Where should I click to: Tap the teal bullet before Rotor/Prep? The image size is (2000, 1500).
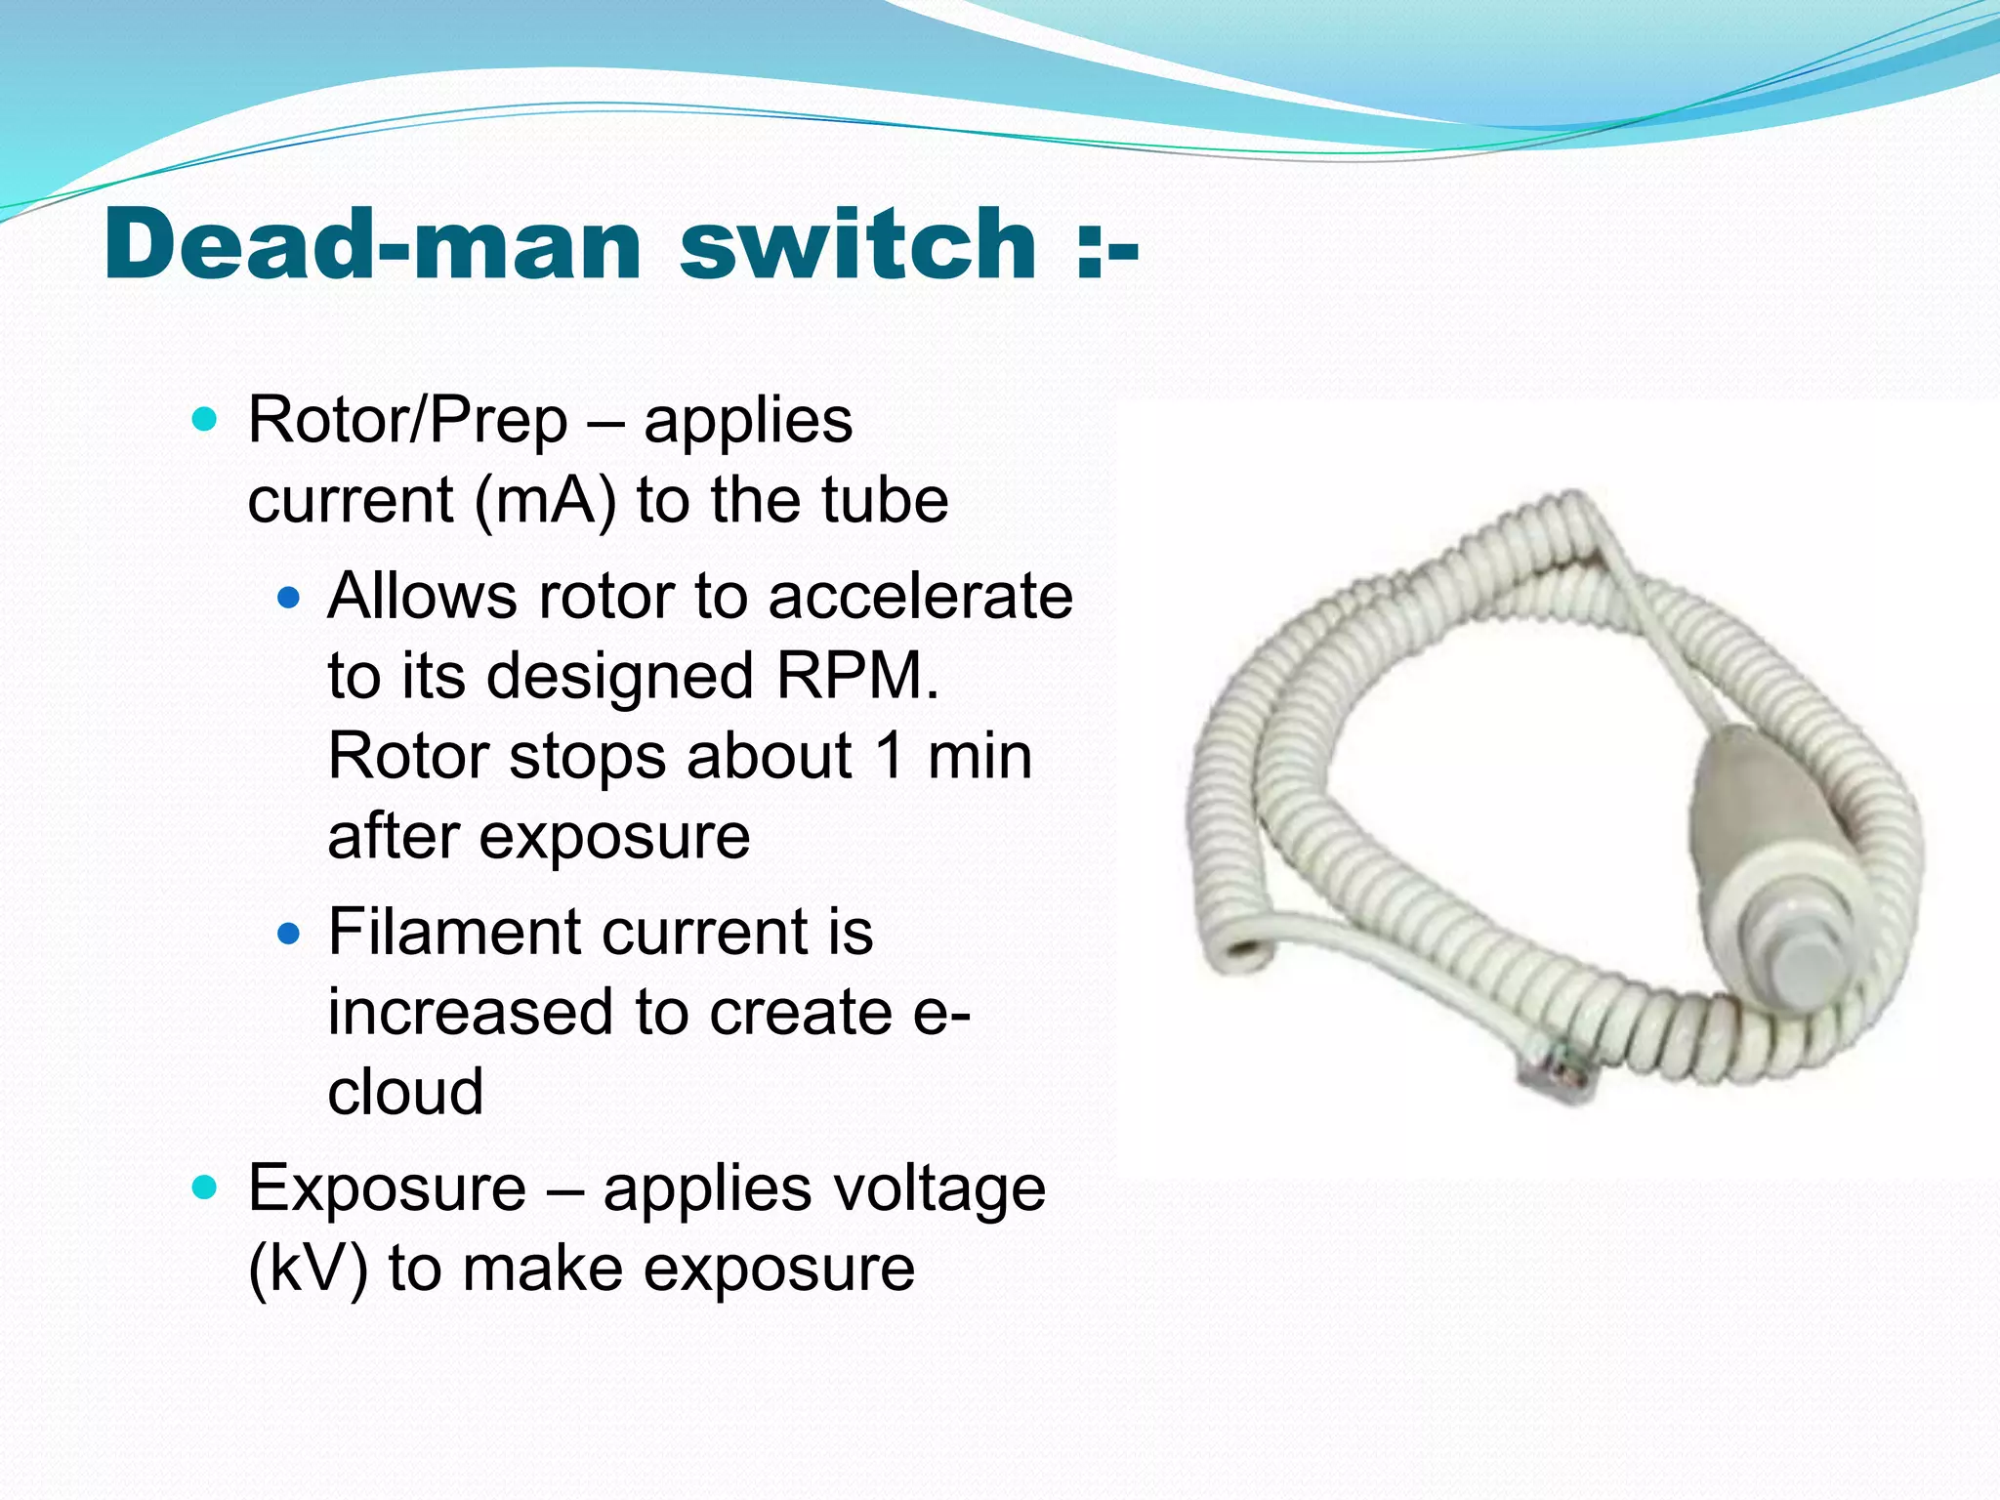[204, 421]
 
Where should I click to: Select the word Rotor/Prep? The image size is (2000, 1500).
[408, 422]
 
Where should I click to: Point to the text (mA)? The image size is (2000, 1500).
[546, 501]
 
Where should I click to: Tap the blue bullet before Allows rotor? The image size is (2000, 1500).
[288, 597]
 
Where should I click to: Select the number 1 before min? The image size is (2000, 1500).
[890, 757]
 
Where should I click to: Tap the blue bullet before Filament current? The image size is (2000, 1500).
[288, 934]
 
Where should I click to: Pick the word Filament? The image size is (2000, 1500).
[454, 933]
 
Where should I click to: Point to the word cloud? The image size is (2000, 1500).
[405, 1093]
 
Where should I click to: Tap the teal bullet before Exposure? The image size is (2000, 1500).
[204, 1188]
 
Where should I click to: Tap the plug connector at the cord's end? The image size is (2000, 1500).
[1553, 1074]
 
